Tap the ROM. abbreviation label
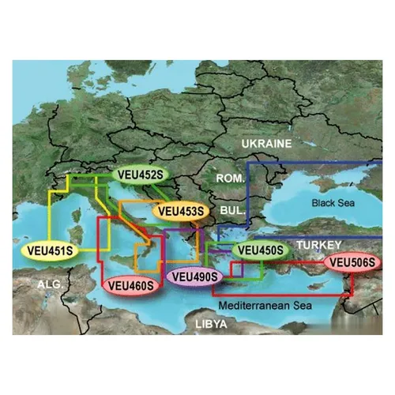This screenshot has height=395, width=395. (x=230, y=179)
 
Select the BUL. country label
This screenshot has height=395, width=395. (x=231, y=211)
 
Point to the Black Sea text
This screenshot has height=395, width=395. (x=335, y=203)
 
